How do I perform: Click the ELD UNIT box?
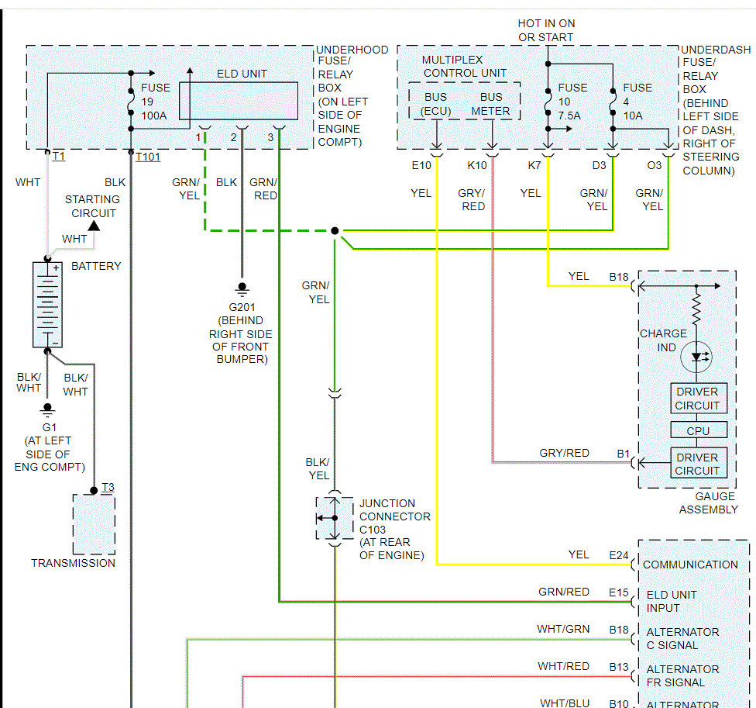(x=239, y=101)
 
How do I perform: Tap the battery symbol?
(x=47, y=305)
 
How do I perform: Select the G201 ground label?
(x=241, y=307)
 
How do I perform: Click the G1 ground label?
(x=49, y=427)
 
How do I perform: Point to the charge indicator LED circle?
(x=696, y=357)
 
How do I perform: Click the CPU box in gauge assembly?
(x=697, y=430)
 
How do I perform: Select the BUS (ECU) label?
(x=435, y=104)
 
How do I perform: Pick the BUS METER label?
(x=491, y=104)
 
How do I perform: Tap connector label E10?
(x=421, y=165)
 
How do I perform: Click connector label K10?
(x=477, y=165)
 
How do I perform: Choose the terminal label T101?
(x=147, y=157)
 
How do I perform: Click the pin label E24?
(x=619, y=554)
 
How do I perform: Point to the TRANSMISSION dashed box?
(x=94, y=524)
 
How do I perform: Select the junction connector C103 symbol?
(x=335, y=518)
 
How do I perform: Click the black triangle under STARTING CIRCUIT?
(x=94, y=226)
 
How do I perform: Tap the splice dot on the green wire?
(x=335, y=230)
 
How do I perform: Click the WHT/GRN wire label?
(x=562, y=629)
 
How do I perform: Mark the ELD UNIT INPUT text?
(x=672, y=601)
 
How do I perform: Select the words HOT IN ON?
(x=546, y=23)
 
